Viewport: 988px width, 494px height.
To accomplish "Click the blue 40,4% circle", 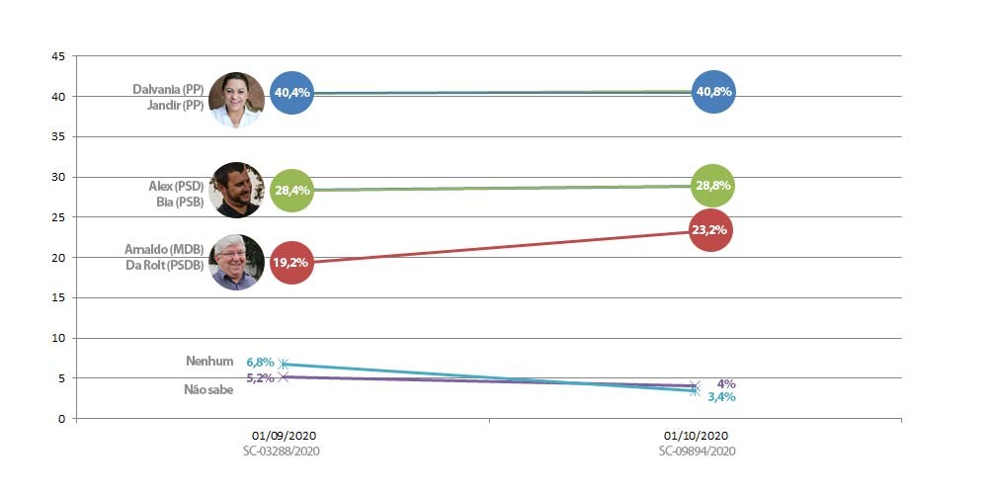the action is [291, 93].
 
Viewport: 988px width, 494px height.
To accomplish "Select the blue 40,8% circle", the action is [713, 91].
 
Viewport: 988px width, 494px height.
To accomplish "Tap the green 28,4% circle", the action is [291, 191].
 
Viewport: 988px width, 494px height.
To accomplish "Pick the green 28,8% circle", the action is [712, 186].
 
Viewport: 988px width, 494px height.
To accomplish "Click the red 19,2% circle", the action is [291, 263].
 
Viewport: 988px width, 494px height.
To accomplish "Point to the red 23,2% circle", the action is [710, 230].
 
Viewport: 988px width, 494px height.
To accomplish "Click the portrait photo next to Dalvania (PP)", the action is [236, 100].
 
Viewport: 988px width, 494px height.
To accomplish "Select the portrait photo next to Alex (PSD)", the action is [236, 191].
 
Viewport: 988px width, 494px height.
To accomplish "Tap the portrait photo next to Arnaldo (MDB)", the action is [236, 262].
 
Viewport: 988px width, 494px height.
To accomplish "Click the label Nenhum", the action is [209, 361].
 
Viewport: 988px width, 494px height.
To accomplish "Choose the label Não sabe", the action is [208, 390].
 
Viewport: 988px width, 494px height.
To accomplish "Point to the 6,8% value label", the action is [260, 363].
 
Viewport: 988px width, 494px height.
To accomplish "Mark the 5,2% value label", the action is [260, 378].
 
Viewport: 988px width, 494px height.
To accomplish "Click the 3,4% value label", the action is [721, 397].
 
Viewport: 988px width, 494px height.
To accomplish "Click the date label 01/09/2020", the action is [285, 436].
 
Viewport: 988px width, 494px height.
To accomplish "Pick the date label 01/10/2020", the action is [697, 436].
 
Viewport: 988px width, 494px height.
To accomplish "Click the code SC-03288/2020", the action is [282, 452].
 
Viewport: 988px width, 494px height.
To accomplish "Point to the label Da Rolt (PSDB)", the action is [165, 265].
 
